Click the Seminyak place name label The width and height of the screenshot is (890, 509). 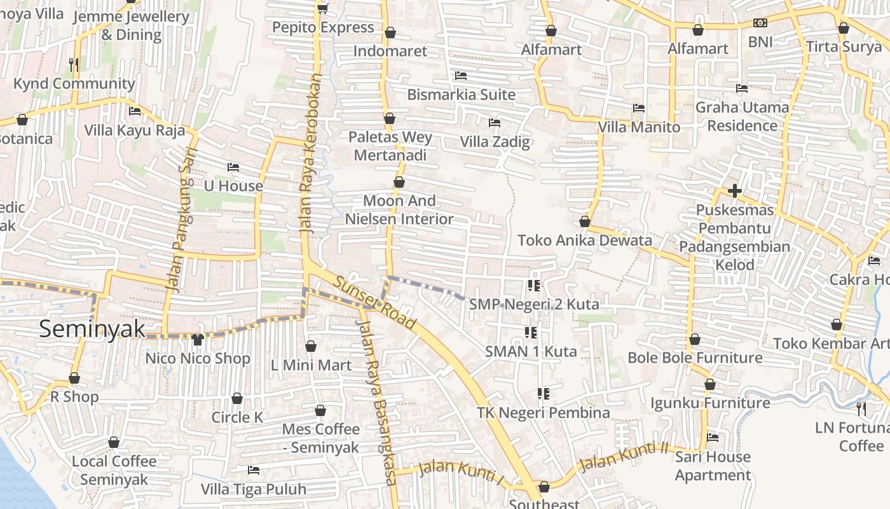92,329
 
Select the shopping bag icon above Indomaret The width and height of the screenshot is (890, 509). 390,32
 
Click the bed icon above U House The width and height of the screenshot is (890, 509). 233,167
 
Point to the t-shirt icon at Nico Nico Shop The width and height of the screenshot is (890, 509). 197,339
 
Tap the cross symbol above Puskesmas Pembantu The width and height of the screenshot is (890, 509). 735,190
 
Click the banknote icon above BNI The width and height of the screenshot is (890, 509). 760,23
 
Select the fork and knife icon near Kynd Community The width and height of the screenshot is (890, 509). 74,64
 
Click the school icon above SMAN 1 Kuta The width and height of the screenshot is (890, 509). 531,332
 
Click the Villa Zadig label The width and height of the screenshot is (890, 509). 495,141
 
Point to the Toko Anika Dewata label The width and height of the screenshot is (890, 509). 584,241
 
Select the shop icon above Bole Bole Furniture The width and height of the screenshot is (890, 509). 695,339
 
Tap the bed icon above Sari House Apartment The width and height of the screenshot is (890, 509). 713,438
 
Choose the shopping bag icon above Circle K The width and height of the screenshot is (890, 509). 237,398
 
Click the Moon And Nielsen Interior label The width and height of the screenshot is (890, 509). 399,210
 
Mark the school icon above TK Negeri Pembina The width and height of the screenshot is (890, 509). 543,394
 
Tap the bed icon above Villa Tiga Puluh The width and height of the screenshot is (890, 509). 254,470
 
